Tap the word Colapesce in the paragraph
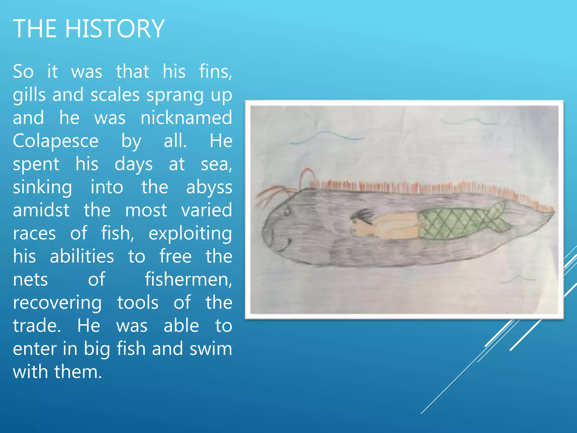[x=56, y=141]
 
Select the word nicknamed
[x=186, y=118]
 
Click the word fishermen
[x=188, y=280]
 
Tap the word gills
[x=29, y=95]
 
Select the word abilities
[x=82, y=257]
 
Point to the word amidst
[x=41, y=210]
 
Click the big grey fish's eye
[x=287, y=211]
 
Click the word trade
[x=36, y=326]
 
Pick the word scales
[x=115, y=95]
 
